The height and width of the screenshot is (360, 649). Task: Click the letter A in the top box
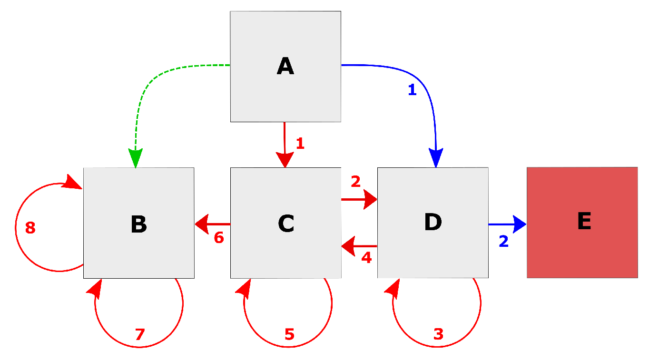click(x=285, y=66)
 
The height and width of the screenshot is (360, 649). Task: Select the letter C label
click(x=286, y=223)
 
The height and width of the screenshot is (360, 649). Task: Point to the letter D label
click(x=433, y=222)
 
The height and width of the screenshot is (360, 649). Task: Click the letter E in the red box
click(x=584, y=221)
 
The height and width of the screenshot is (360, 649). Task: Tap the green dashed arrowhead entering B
click(x=136, y=158)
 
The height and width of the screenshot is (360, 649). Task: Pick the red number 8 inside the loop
click(x=30, y=228)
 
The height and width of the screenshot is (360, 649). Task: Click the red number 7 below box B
click(x=139, y=335)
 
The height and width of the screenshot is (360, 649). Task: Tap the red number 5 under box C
click(x=289, y=334)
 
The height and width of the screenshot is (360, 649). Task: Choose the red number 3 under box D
click(x=438, y=334)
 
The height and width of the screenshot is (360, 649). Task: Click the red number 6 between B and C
click(x=219, y=238)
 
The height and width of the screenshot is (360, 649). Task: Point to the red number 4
click(x=366, y=258)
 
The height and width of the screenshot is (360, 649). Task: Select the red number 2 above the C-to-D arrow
click(x=355, y=181)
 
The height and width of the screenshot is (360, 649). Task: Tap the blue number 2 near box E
click(x=503, y=242)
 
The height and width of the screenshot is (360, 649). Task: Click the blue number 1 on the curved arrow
click(x=412, y=90)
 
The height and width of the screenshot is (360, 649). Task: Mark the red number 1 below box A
click(x=300, y=143)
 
